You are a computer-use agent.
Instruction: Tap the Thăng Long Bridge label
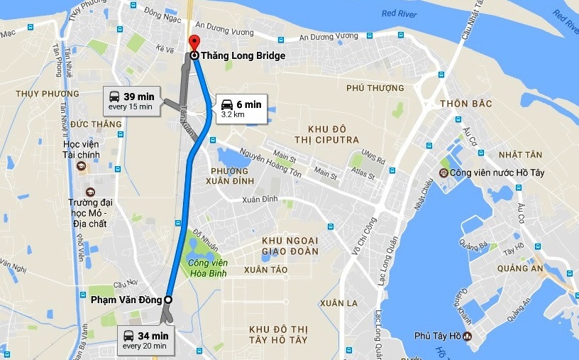click(x=243, y=55)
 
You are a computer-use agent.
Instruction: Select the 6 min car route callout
click(x=241, y=108)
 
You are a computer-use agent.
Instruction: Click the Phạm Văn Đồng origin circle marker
click(x=168, y=300)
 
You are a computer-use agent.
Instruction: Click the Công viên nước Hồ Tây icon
click(x=443, y=173)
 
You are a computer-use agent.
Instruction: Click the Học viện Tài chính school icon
click(x=80, y=166)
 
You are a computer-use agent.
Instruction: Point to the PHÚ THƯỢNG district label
click(x=375, y=88)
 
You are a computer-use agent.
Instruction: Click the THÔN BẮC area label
click(x=465, y=104)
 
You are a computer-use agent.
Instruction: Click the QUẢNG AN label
click(x=520, y=268)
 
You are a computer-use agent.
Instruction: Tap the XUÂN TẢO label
click(x=265, y=270)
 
